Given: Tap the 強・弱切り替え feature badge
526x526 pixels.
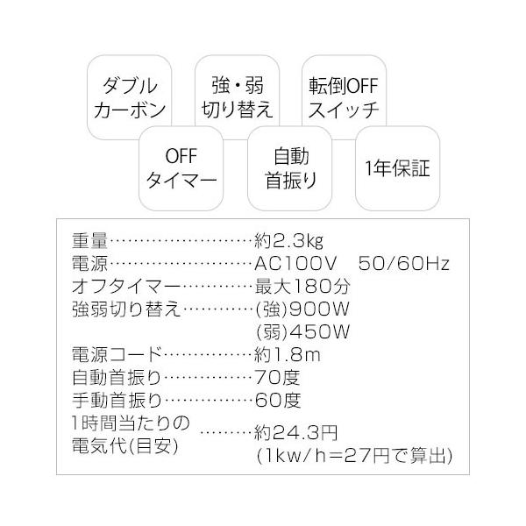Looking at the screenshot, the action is pyautogui.click(x=238, y=98).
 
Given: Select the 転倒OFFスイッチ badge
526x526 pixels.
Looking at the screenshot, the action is pyautogui.click(x=343, y=98).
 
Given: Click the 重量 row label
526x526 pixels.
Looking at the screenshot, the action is pyautogui.click(x=90, y=240).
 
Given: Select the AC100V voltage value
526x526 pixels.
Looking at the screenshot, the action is pyautogui.click(x=294, y=263).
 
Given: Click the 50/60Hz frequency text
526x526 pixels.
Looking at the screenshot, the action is pyautogui.click(x=403, y=263).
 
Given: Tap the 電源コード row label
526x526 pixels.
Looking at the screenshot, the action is pyautogui.click(x=117, y=355).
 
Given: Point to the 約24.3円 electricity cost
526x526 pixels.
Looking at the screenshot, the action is pyautogui.click(x=295, y=433).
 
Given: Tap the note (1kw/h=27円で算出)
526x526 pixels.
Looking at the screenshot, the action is pyautogui.click(x=353, y=456).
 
